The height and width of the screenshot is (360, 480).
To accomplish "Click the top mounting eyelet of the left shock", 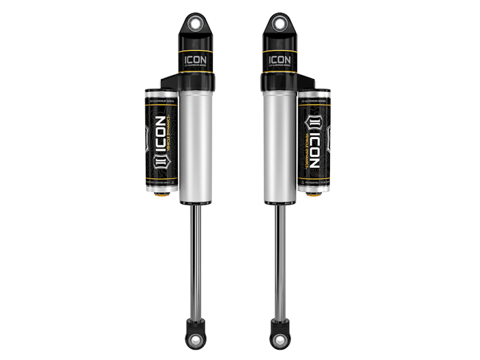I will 196,22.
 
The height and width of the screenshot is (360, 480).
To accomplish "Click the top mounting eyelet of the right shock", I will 280,22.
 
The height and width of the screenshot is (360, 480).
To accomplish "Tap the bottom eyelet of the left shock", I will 196,340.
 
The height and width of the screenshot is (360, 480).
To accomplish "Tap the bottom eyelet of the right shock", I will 280,340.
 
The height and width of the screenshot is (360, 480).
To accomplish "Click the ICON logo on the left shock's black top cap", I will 195,60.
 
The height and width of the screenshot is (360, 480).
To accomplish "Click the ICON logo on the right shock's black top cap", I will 280,60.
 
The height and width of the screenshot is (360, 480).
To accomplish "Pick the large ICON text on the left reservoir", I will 157,137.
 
